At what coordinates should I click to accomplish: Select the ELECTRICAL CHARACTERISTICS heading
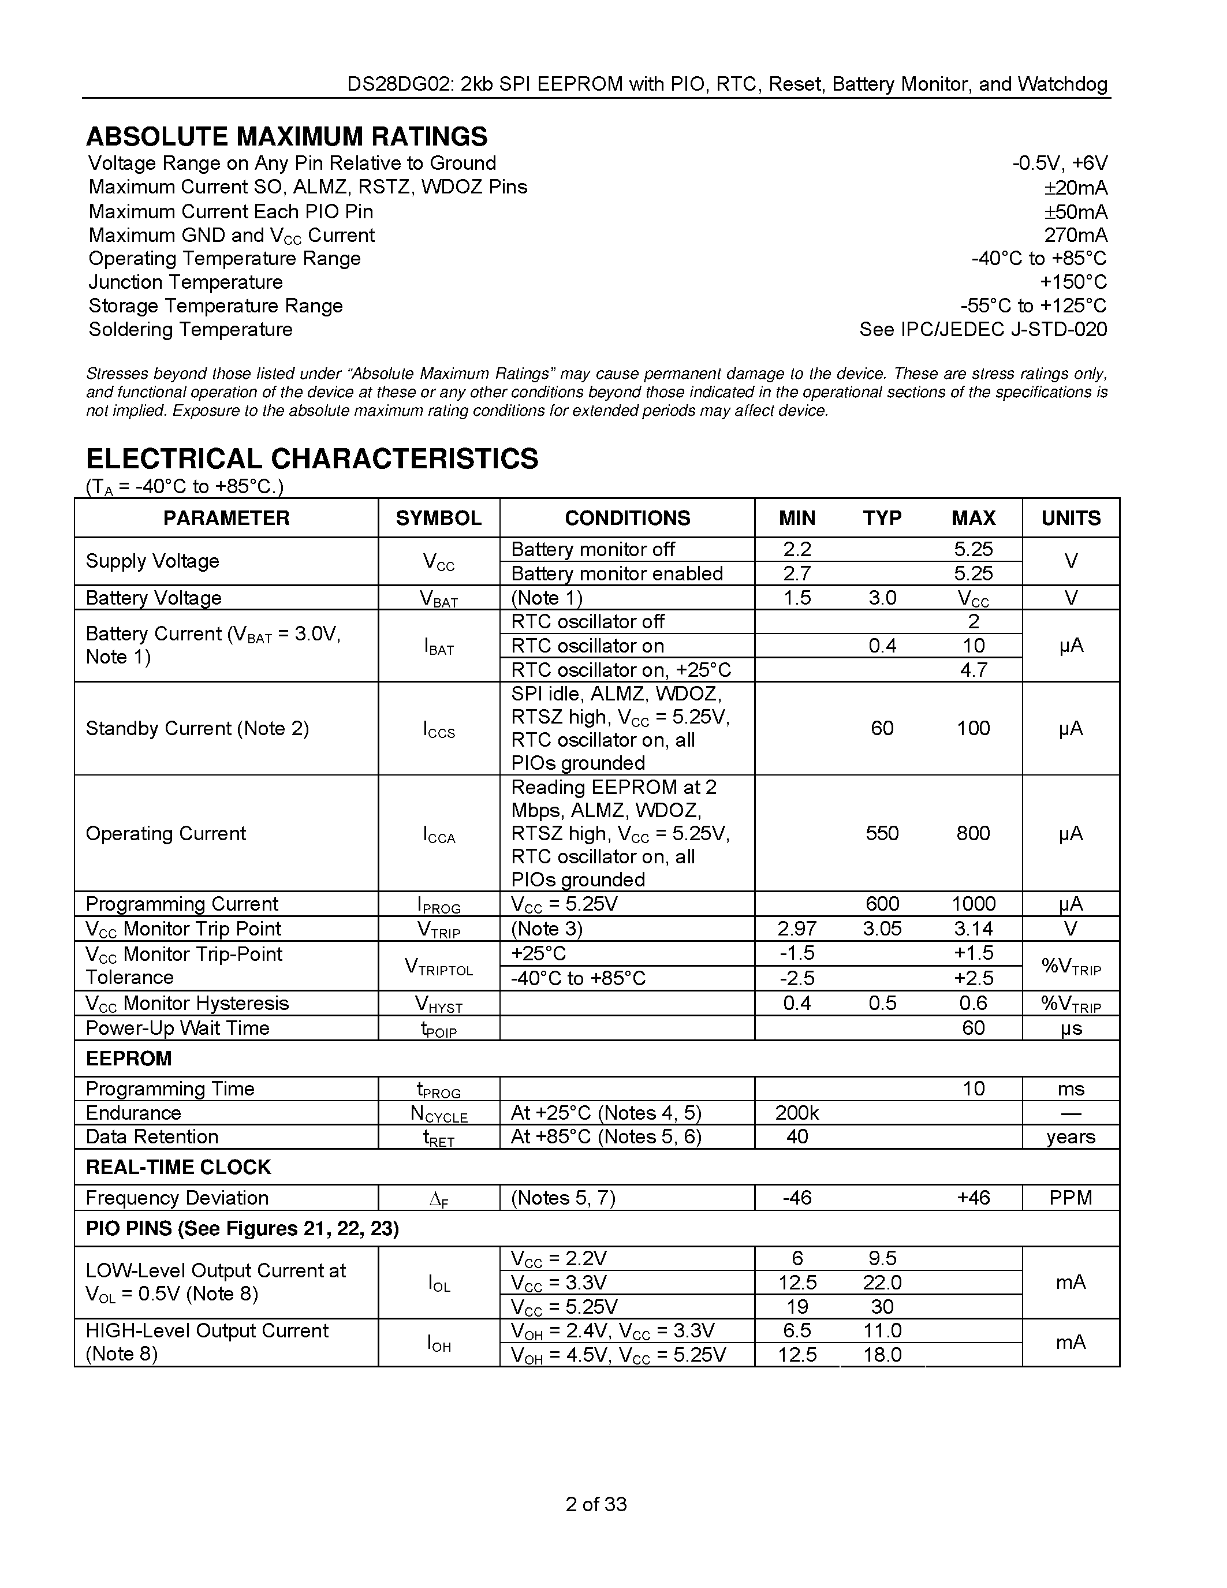pos(312,459)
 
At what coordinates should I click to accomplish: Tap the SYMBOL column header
pos(438,518)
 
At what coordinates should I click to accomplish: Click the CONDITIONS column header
pos(627,518)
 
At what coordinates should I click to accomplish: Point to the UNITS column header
pos(1071,518)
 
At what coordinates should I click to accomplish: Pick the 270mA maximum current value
pos(1076,236)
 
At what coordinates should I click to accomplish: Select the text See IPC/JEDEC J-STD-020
pos(983,329)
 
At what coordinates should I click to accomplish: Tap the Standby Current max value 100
pos(974,728)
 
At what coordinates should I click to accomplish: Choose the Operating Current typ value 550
pos(882,833)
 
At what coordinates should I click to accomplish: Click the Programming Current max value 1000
pos(974,904)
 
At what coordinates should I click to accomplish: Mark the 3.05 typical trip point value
pos(882,929)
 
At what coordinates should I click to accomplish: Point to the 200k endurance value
pos(797,1113)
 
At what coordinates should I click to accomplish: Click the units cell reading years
pos(1071,1137)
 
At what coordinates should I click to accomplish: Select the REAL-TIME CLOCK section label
pos(178,1168)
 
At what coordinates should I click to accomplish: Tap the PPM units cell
pos(1071,1198)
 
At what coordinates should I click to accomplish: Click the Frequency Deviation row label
pos(177,1198)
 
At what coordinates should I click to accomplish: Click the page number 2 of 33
pos(596,1504)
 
